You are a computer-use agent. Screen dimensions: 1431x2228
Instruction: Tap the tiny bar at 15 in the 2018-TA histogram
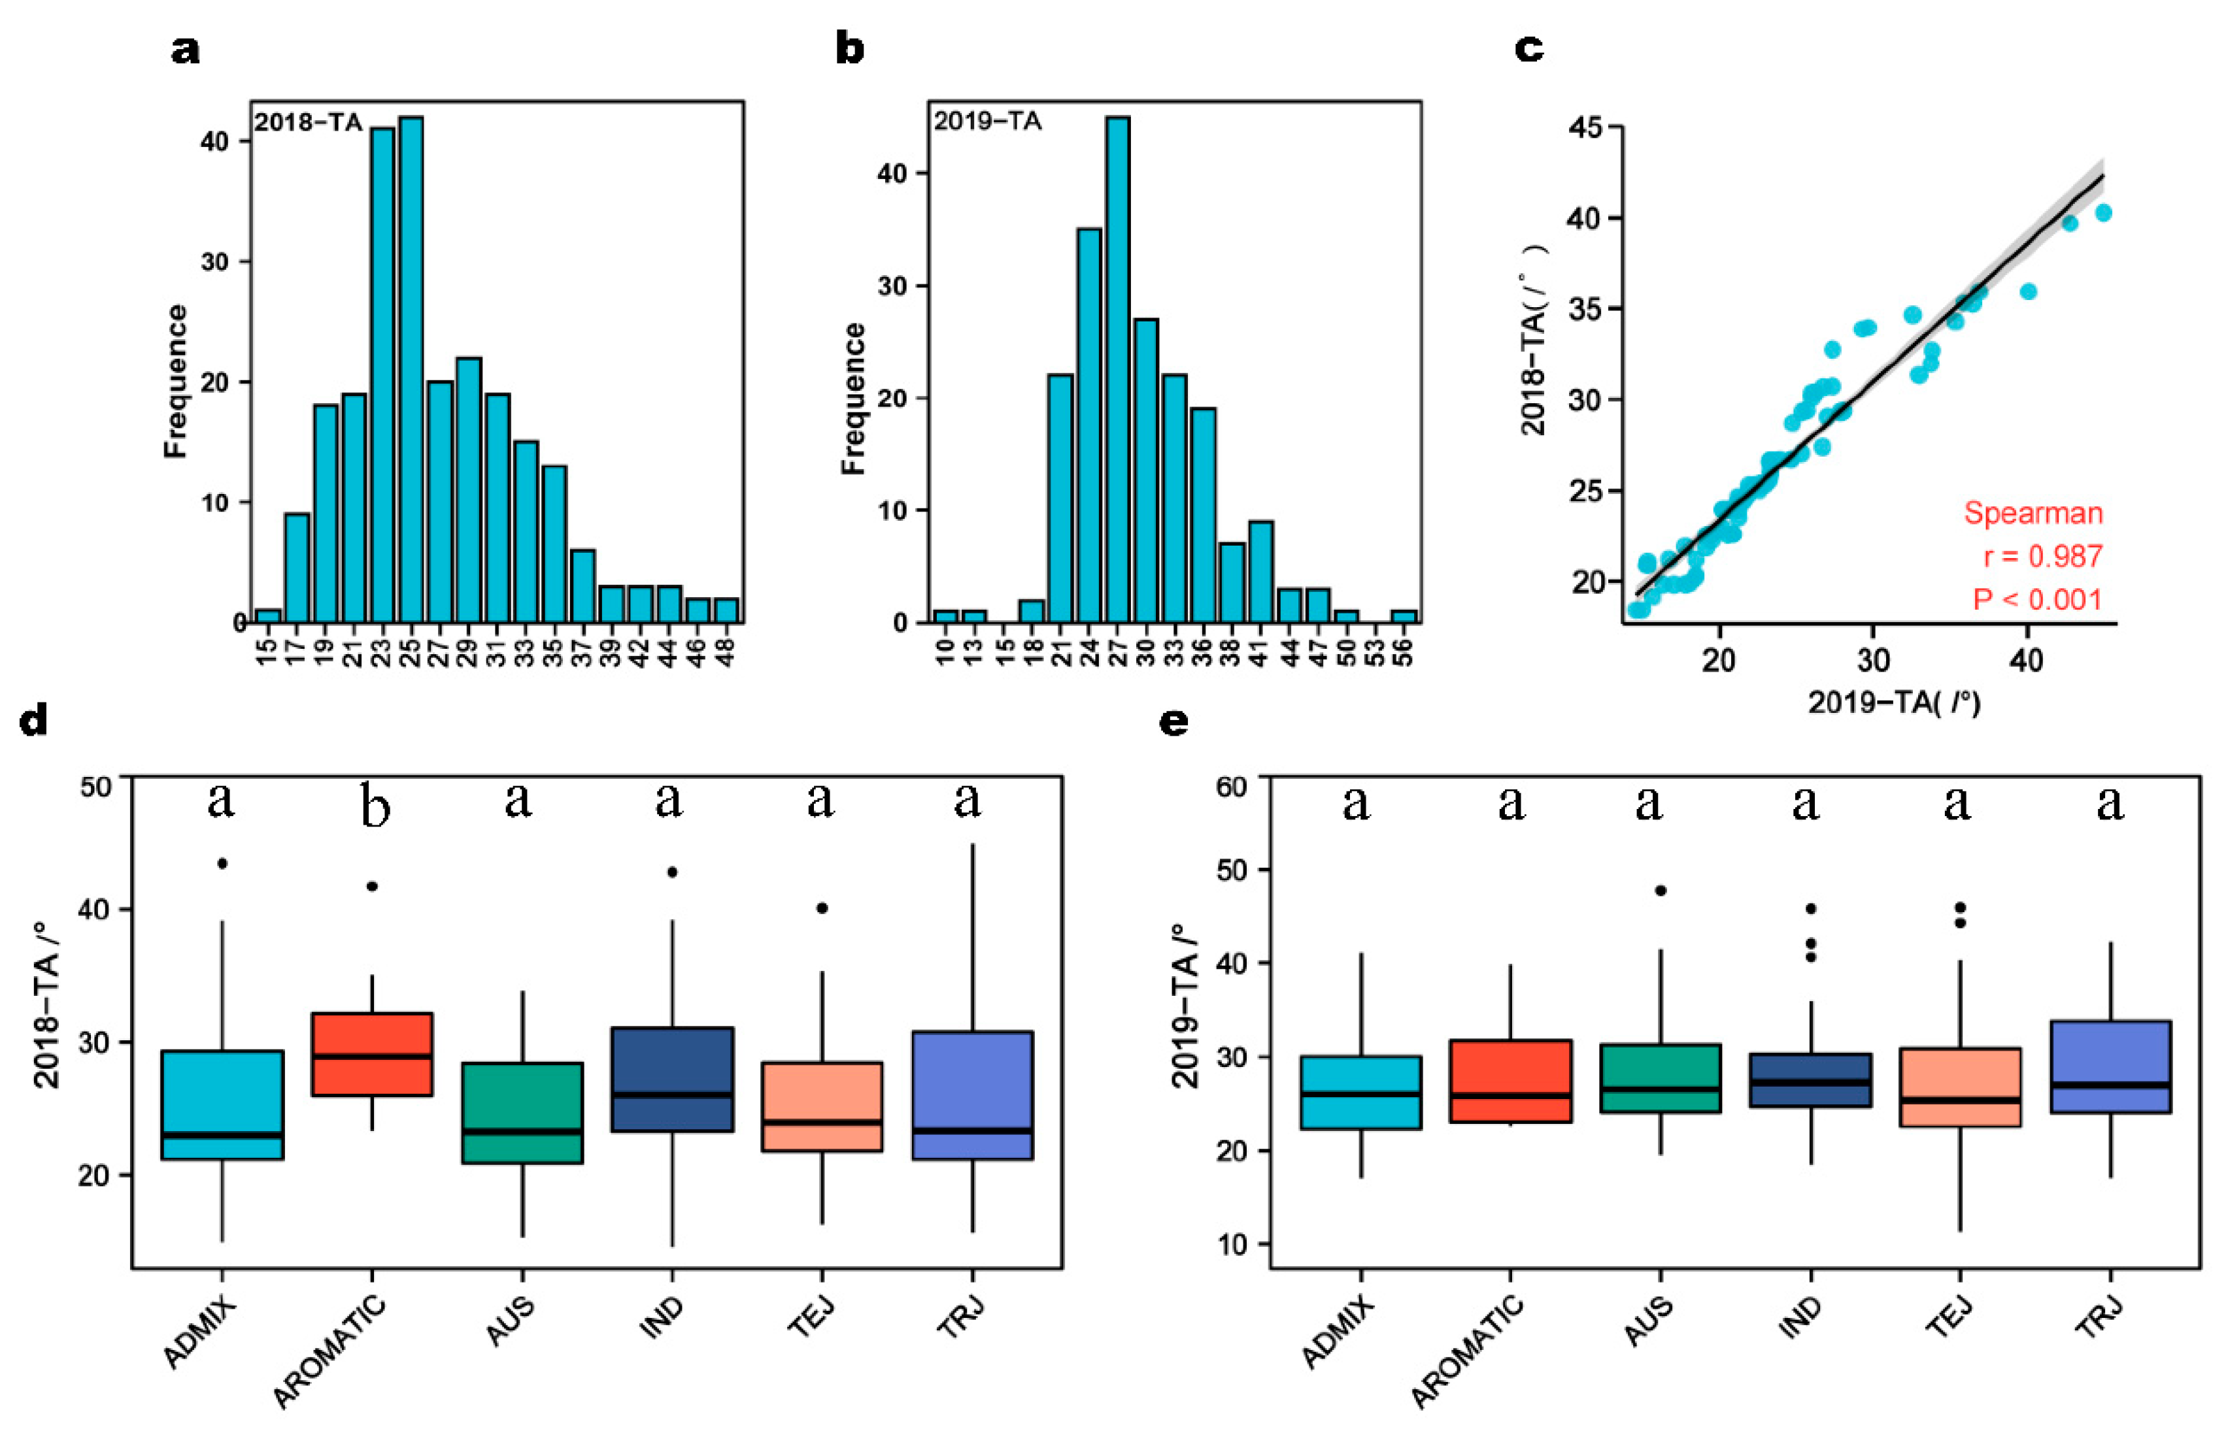[267, 616]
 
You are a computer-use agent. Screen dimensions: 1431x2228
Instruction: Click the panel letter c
[1529, 48]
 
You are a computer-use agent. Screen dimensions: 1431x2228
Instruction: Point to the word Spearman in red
[2033, 514]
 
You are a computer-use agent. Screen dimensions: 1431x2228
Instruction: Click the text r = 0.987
[2042, 557]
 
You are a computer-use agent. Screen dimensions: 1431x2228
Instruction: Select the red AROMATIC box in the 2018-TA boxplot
[372, 1054]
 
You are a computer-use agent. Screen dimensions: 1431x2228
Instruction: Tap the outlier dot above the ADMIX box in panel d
[222, 863]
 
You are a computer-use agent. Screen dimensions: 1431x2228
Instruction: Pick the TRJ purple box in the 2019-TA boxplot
[2110, 1067]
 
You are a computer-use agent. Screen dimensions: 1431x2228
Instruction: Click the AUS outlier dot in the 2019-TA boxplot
[1661, 890]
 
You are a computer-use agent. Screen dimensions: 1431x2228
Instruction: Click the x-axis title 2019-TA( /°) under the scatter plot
[1893, 702]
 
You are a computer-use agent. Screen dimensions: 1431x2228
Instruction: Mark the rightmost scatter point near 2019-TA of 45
[2103, 214]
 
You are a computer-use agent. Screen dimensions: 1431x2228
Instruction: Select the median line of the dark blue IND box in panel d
[672, 1094]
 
